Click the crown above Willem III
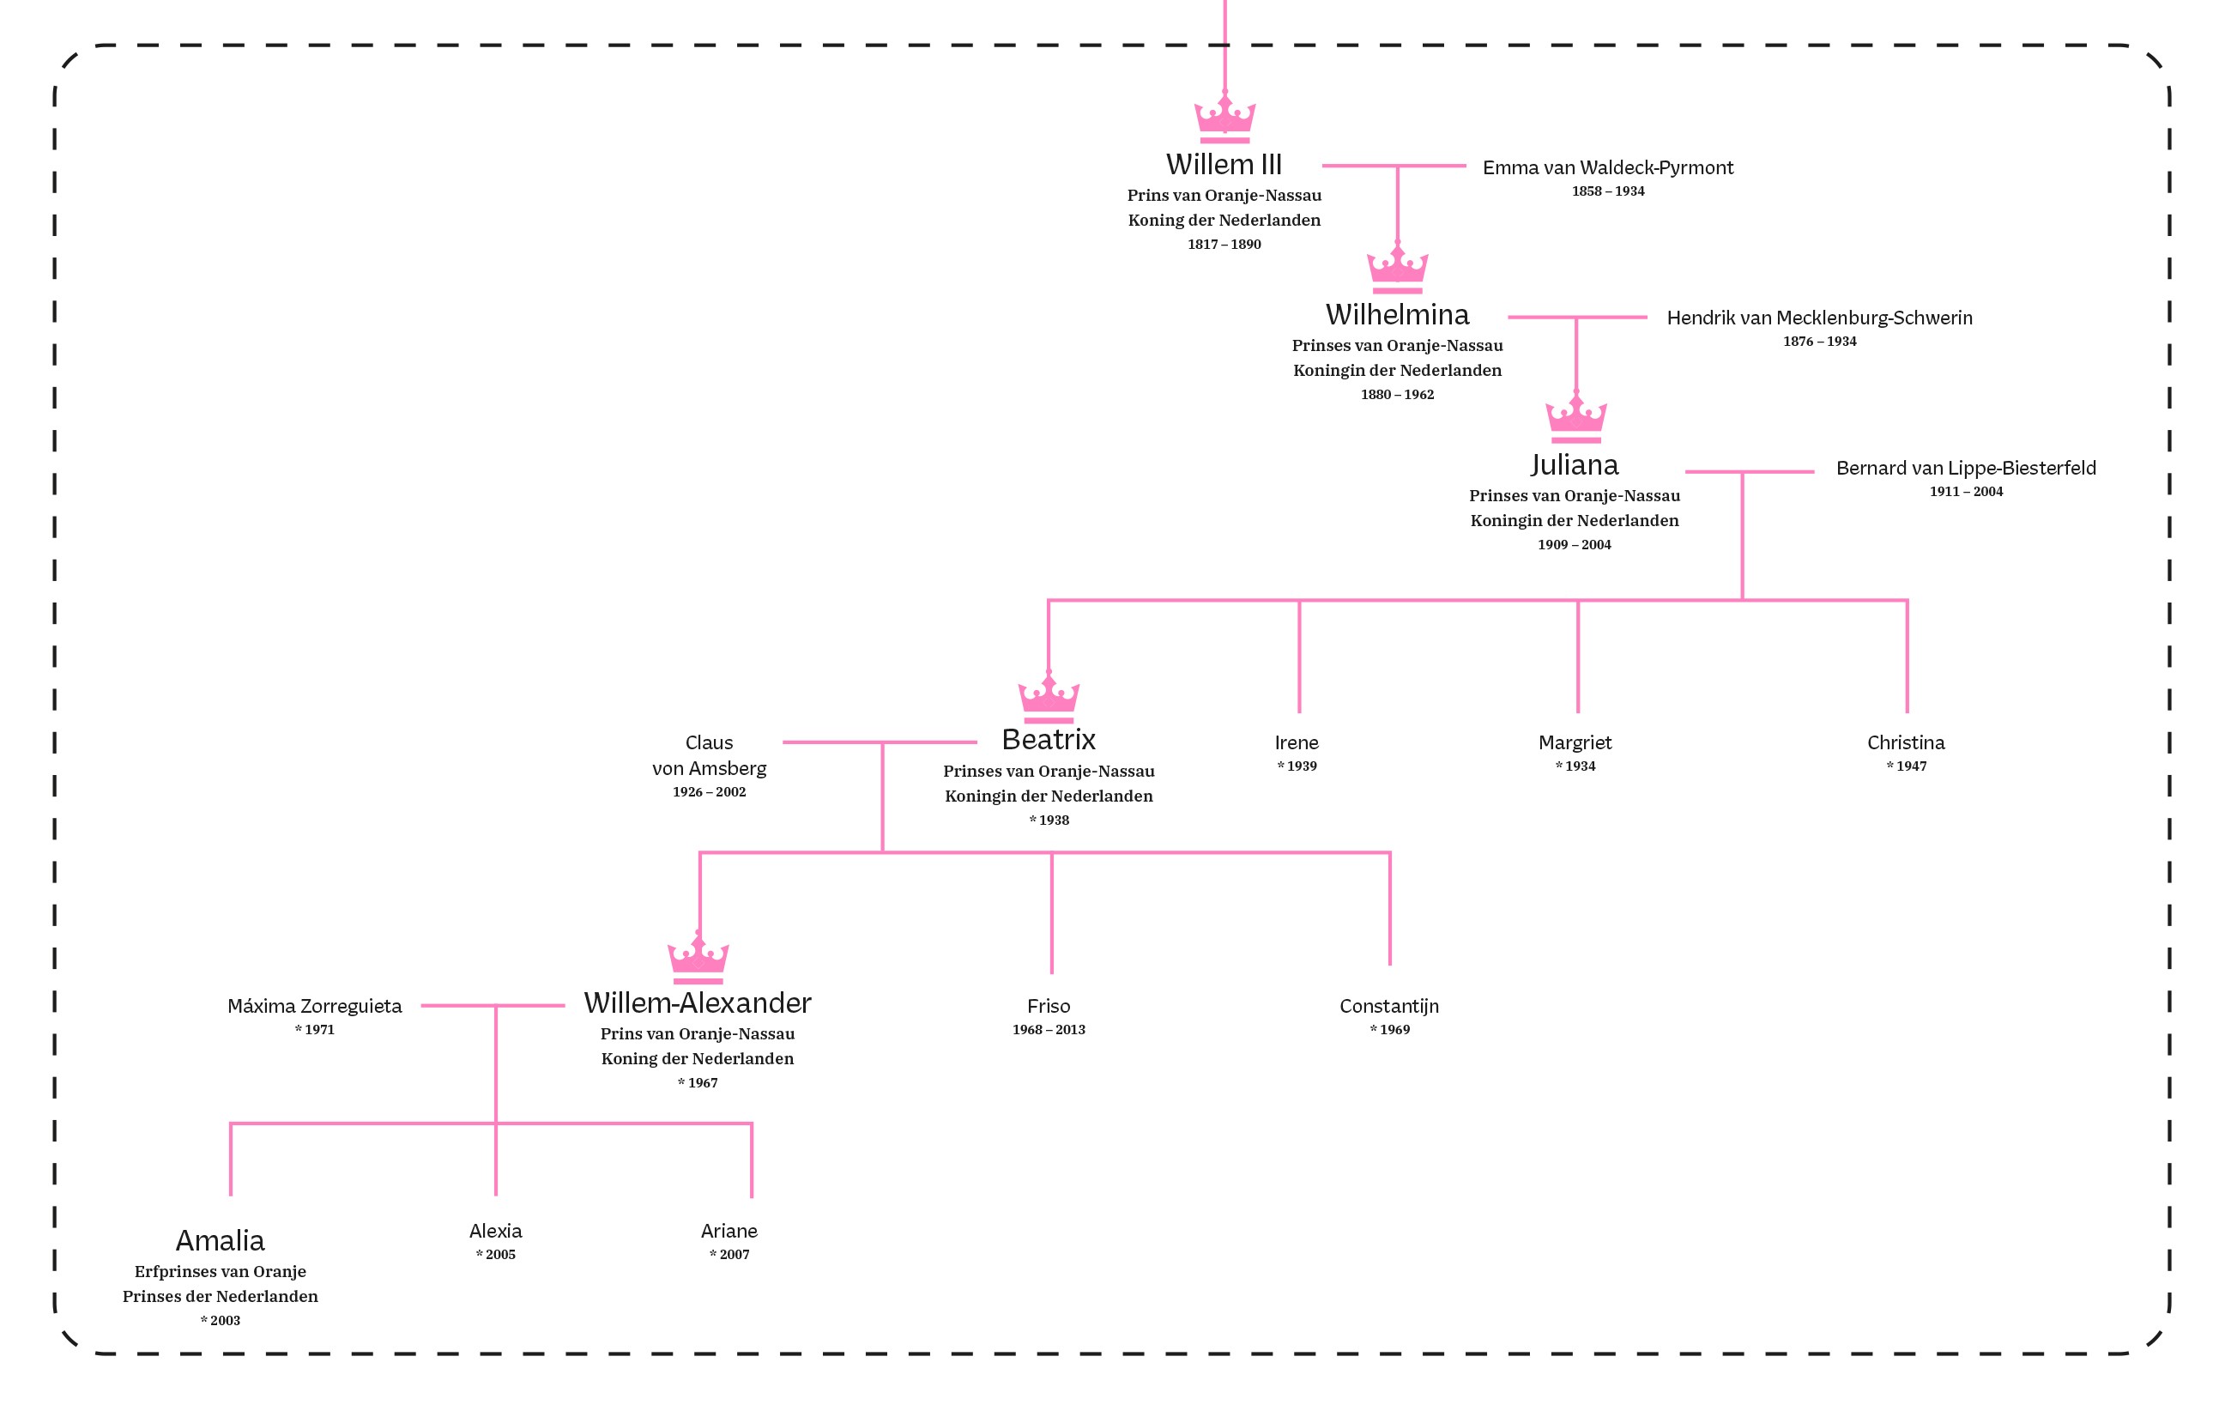pos(1224,118)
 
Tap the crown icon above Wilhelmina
pos(1397,268)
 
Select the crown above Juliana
pos(1575,418)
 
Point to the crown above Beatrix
pos(1048,698)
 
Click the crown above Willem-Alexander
pos(698,959)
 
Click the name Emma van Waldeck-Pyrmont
pos(1608,167)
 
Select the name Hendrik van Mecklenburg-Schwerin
pos(1818,318)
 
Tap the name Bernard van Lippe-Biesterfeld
pos(1965,468)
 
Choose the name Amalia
pos(220,1239)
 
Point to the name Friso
pos(1048,1006)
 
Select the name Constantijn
pos(1388,1006)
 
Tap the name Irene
pos(1297,742)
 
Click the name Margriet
pos(1575,742)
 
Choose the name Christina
pos(1905,742)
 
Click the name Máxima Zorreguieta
pos(314,1006)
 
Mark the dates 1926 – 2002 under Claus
pos(709,791)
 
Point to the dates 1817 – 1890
pos(1224,244)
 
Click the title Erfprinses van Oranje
pos(220,1271)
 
